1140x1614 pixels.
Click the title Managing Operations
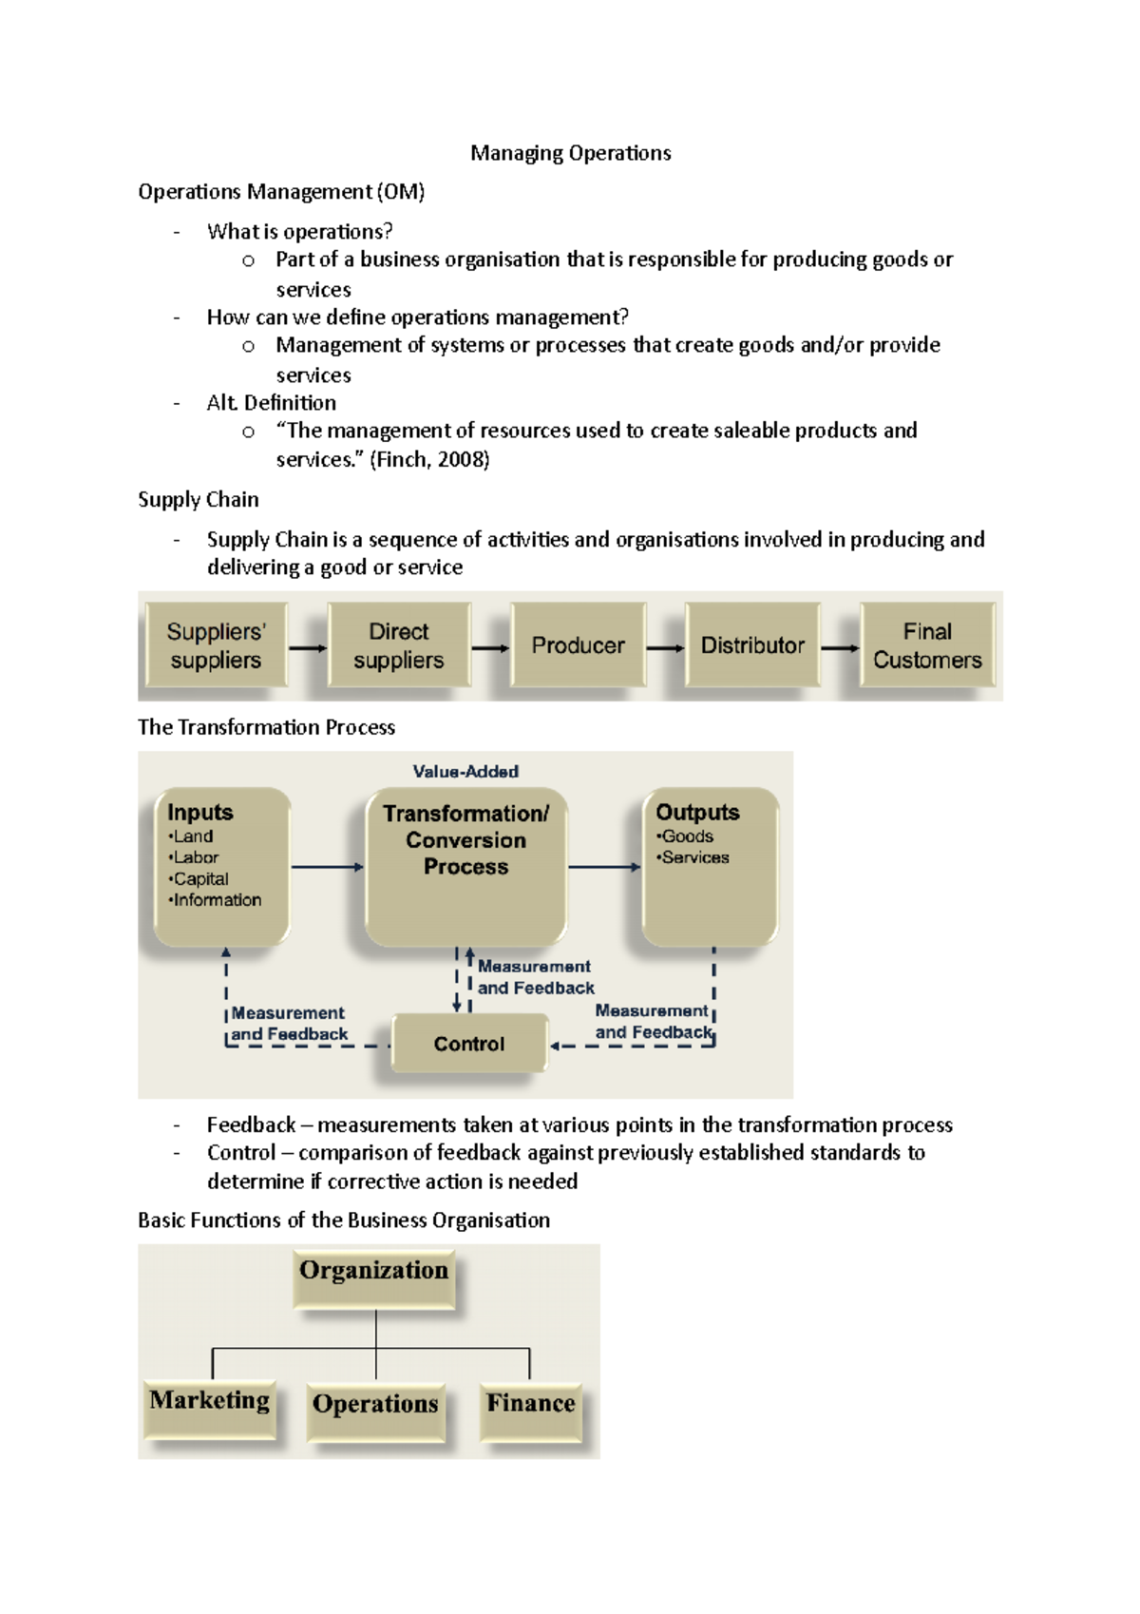pyautogui.click(x=570, y=153)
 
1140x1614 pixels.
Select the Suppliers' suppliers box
pyautogui.click(x=216, y=645)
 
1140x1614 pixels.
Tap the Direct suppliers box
pyautogui.click(x=399, y=645)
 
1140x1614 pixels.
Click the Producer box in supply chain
pyautogui.click(x=578, y=645)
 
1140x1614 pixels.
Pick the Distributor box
pyautogui.click(x=752, y=645)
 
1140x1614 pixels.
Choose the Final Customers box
pyautogui.click(x=927, y=645)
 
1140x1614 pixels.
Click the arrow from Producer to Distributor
pyautogui.click(x=665, y=648)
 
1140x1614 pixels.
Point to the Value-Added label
pyautogui.click(x=465, y=772)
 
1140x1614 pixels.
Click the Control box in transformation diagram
pyautogui.click(x=469, y=1044)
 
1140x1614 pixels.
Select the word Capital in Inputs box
pyautogui.click(x=200, y=879)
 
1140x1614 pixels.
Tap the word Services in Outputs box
pyautogui.click(x=695, y=857)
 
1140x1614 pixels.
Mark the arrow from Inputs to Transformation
pyautogui.click(x=327, y=867)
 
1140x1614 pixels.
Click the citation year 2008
pyautogui.click(x=462, y=460)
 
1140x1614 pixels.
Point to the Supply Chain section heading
pyautogui.click(x=199, y=500)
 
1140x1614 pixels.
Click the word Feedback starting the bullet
pyautogui.click(x=251, y=1125)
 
